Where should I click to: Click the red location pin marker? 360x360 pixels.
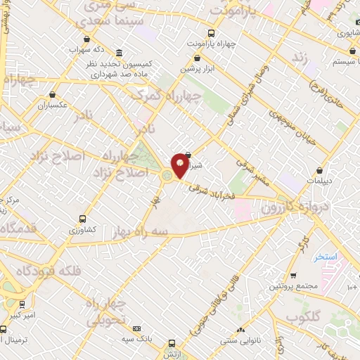(x=180, y=165)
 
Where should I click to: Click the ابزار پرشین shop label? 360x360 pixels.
(x=197, y=70)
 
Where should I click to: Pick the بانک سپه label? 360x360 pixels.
(x=136, y=339)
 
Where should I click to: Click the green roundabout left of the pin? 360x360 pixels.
(x=167, y=175)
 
